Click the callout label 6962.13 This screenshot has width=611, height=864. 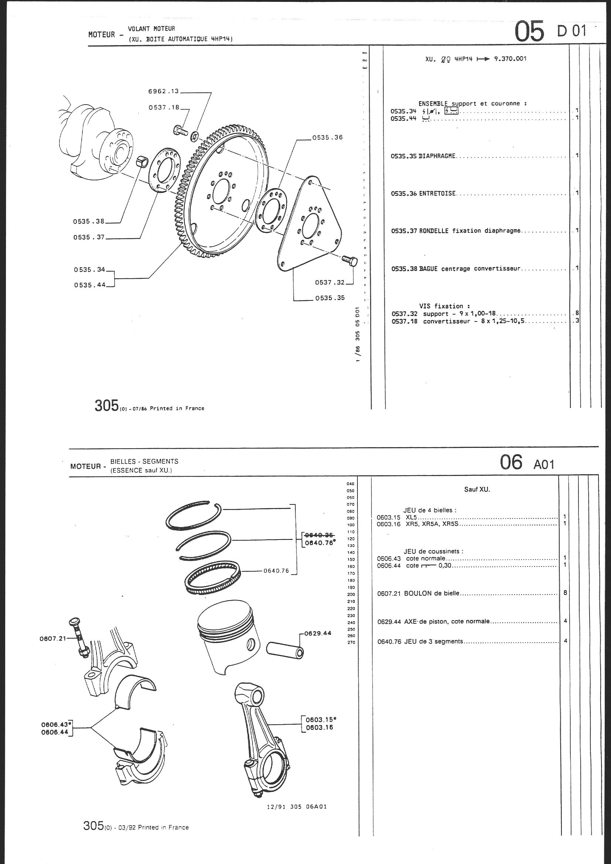coord(164,91)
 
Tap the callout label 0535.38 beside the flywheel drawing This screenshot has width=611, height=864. coord(89,221)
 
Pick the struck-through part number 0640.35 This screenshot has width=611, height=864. coord(319,535)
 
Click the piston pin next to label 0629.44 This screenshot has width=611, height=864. coord(285,651)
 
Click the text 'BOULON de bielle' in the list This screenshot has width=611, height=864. coord(431,593)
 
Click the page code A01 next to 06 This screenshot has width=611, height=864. coord(544,465)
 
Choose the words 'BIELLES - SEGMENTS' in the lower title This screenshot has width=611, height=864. coord(145,461)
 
